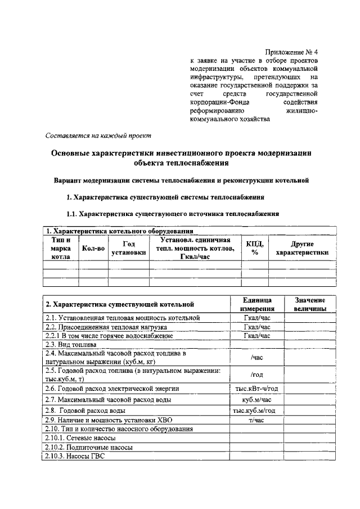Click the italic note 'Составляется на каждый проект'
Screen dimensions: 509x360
97,136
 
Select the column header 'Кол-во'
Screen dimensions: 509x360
93,248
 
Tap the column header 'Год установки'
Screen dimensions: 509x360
129,248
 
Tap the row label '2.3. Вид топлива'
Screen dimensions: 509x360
71,344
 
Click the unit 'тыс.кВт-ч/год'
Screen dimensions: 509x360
257,388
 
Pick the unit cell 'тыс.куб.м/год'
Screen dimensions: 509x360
257,411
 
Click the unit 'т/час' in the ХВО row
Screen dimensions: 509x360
257,420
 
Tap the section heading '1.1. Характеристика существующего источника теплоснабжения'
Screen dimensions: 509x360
173,214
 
